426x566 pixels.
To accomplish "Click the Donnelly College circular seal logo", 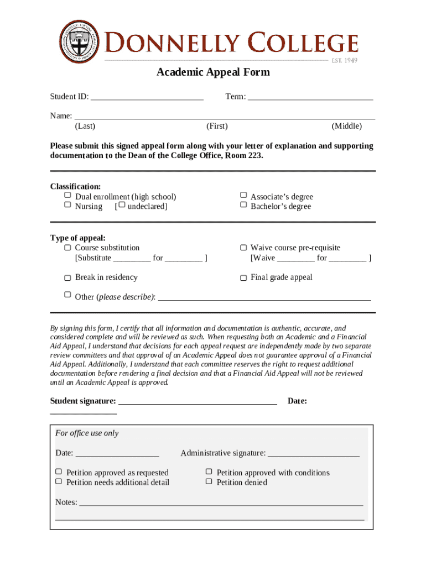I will [x=80, y=41].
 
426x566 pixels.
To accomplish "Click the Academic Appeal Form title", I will [x=213, y=72].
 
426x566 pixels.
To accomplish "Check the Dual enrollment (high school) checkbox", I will [x=67, y=196].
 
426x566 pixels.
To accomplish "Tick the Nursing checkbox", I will [x=67, y=205].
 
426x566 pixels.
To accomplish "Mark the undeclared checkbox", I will [x=122, y=206].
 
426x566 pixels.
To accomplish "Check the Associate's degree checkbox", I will [x=243, y=196].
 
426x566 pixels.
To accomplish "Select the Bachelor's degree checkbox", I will [x=243, y=205].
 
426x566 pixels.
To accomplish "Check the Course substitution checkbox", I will [x=67, y=248].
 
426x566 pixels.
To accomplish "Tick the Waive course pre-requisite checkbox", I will [x=243, y=248].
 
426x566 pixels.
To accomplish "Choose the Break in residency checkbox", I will [x=67, y=277].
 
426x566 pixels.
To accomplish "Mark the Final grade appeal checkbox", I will [x=243, y=277].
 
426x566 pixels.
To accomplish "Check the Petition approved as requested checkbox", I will [x=59, y=472].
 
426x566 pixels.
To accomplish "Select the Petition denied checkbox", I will [x=209, y=481].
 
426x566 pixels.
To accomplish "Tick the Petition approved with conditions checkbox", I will [x=209, y=472].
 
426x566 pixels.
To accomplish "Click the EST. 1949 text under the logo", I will [x=344, y=60].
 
